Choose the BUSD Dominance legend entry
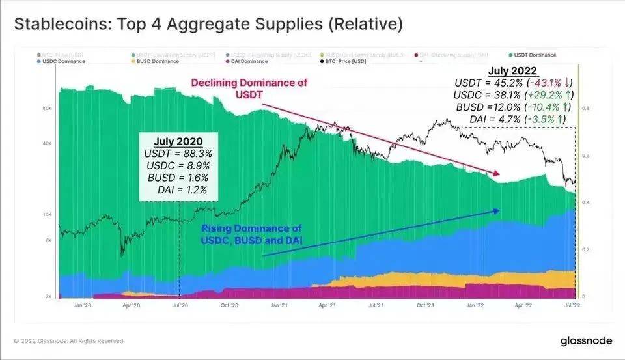pos(156,61)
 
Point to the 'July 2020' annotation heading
pos(178,141)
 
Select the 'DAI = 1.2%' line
pos(182,190)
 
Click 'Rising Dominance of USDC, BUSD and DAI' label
pos(251,235)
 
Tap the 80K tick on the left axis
pos(47,109)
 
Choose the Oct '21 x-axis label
pos(425,305)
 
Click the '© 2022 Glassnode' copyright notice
pos(68,341)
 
